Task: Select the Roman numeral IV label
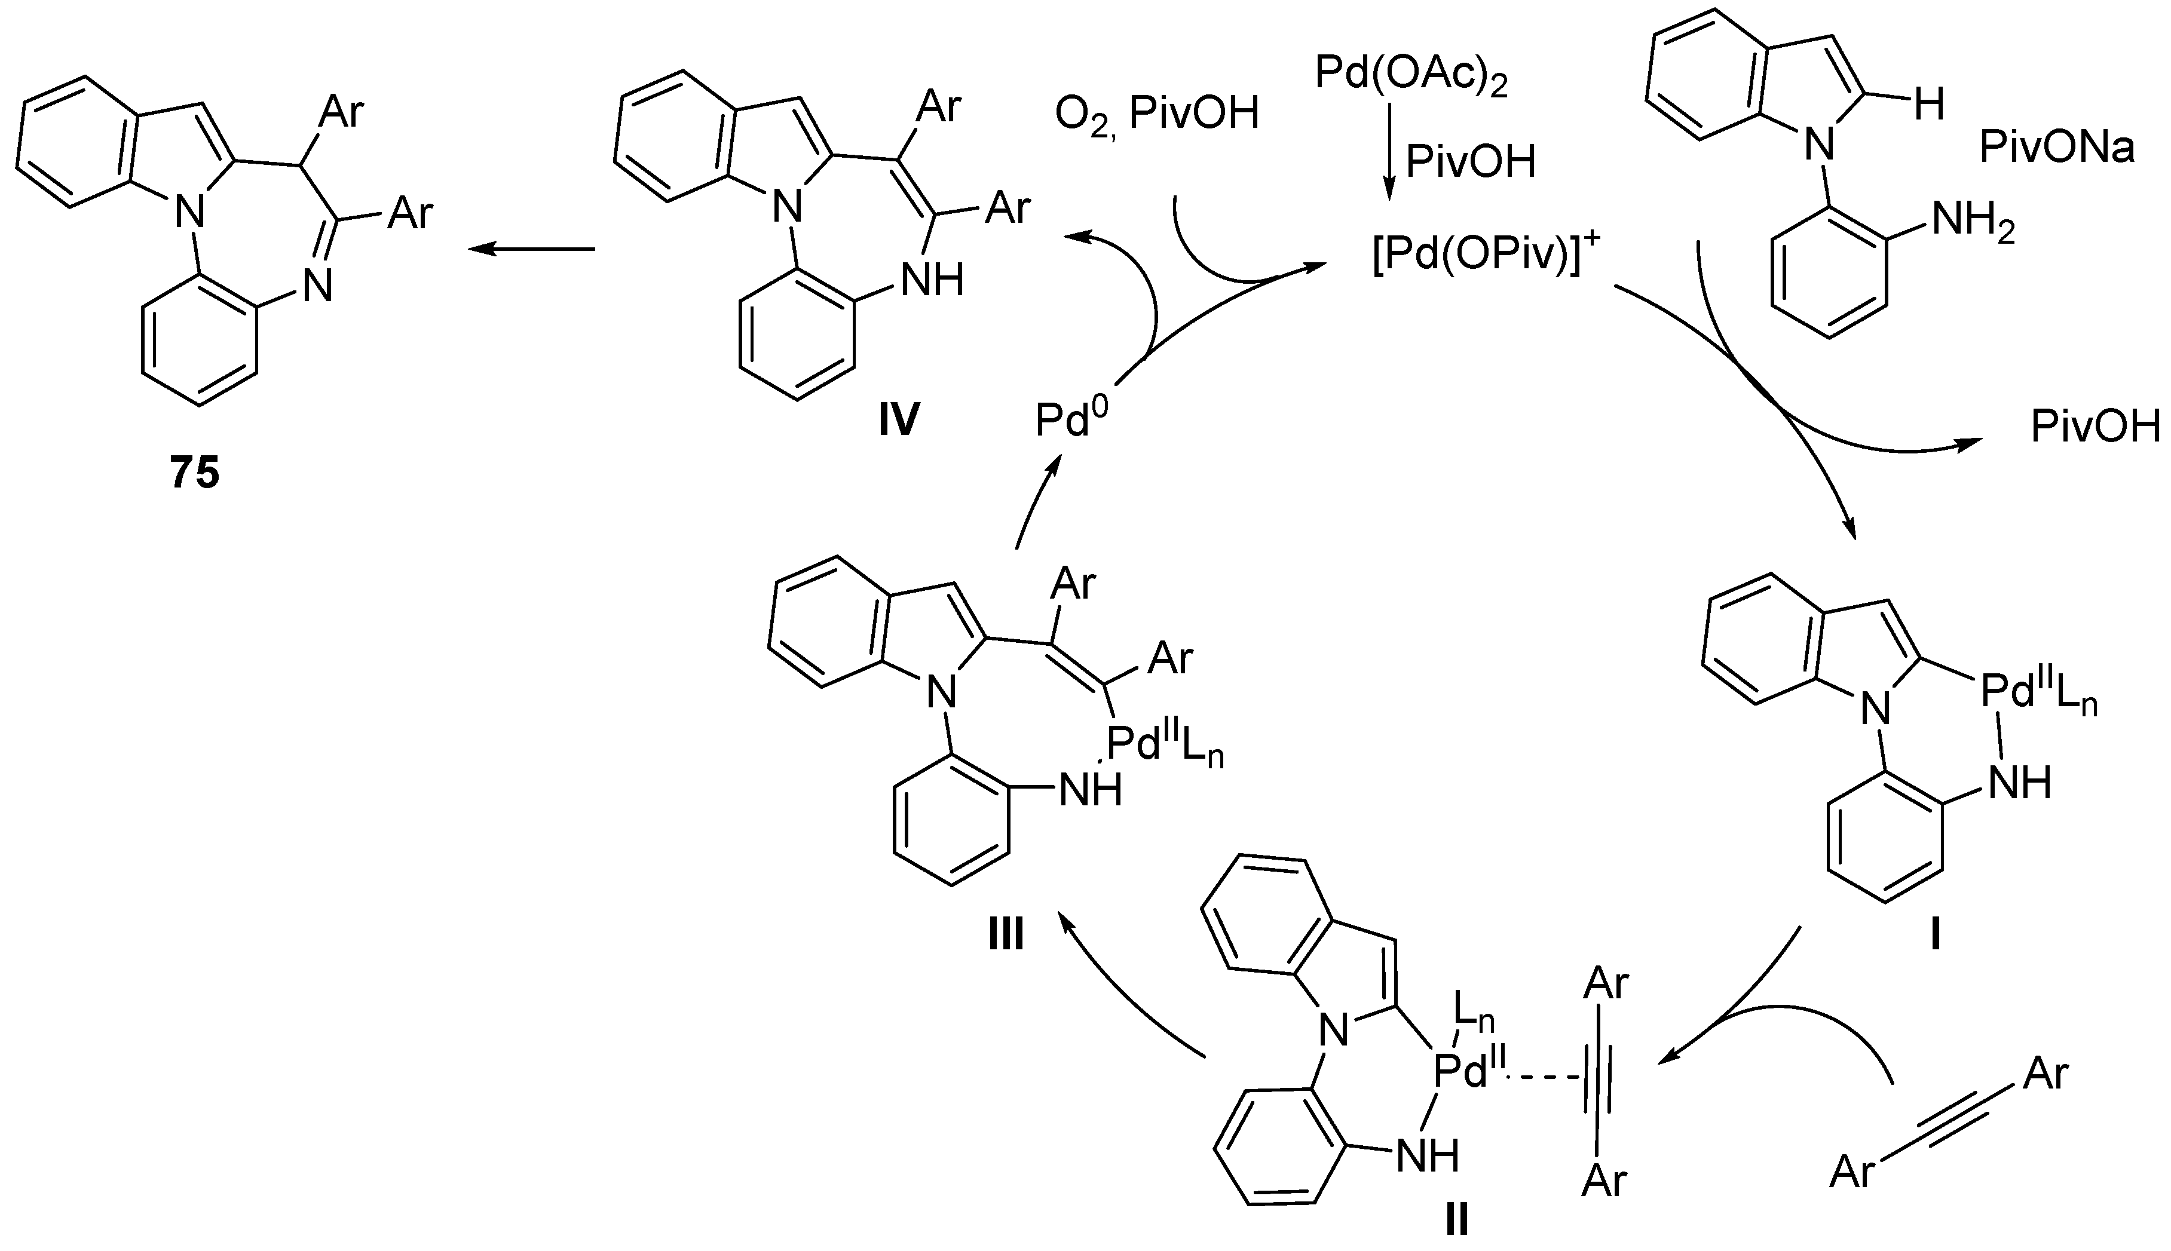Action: [899, 421]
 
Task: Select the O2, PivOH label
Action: [1156, 114]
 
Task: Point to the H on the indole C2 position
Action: [1928, 106]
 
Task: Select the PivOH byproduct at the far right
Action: [2095, 427]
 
